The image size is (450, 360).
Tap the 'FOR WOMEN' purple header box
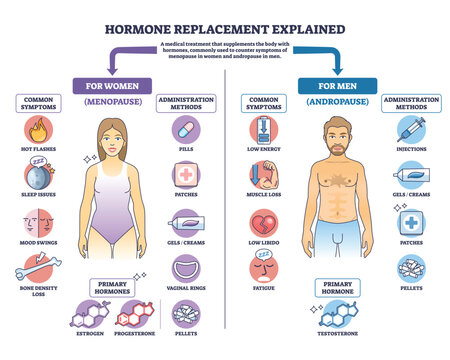[109, 84]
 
